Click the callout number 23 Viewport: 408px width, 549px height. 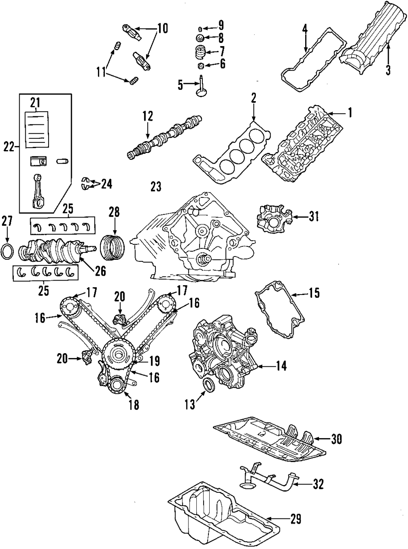156,187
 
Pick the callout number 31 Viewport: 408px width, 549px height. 313,217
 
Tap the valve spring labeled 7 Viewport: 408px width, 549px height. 199,52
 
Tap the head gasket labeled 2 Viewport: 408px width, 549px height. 231,151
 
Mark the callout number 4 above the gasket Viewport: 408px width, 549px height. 305,29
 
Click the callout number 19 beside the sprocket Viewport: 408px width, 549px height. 154,361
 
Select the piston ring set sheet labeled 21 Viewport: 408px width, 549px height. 37,129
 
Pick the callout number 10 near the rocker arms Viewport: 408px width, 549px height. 162,28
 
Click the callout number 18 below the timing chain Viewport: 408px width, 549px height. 133,405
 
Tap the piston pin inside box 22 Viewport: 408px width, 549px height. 62,161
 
